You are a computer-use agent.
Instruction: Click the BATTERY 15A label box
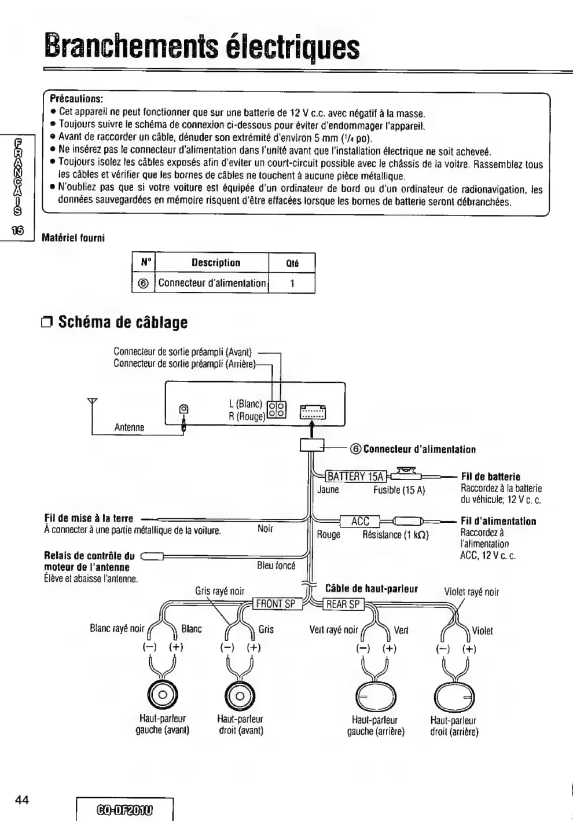click(x=356, y=477)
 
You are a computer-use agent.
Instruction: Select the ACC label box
click(x=359, y=521)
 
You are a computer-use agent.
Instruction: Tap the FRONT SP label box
click(x=276, y=604)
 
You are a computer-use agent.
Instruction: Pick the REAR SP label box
click(x=343, y=604)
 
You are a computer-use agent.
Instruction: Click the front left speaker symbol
click(x=163, y=695)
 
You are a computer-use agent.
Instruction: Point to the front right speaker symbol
click(x=240, y=695)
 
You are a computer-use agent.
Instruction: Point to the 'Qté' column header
click(x=292, y=263)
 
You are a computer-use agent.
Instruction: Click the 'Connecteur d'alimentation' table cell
click(x=212, y=283)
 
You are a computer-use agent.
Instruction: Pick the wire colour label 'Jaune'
click(x=328, y=490)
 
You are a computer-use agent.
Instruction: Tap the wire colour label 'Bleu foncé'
click(x=276, y=566)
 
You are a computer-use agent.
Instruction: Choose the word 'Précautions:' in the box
click(x=76, y=98)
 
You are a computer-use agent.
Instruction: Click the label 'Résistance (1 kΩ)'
click(x=395, y=534)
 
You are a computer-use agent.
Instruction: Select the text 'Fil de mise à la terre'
click(x=89, y=519)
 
